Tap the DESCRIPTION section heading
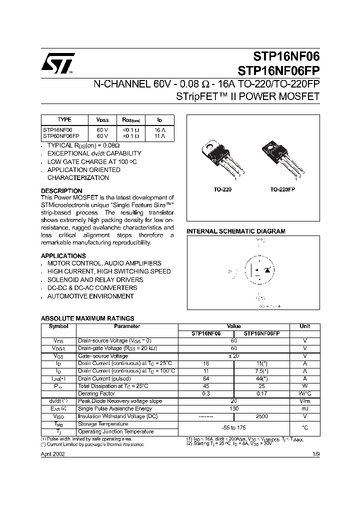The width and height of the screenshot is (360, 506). point(61,191)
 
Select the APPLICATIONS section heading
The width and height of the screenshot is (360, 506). point(63,256)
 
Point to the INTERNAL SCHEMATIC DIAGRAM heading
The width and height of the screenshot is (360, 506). point(236,231)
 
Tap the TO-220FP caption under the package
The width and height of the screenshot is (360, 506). point(282,190)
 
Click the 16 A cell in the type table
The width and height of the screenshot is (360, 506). point(159,129)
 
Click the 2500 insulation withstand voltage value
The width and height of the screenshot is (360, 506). point(262,416)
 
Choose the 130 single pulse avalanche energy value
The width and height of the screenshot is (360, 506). point(234,409)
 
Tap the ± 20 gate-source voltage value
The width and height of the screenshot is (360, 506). point(234,356)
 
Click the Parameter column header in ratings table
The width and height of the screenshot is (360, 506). point(127,326)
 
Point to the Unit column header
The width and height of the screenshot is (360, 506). point(304,326)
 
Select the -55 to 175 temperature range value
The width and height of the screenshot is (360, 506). point(234,427)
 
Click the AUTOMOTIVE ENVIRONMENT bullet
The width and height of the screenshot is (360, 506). point(90,296)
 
